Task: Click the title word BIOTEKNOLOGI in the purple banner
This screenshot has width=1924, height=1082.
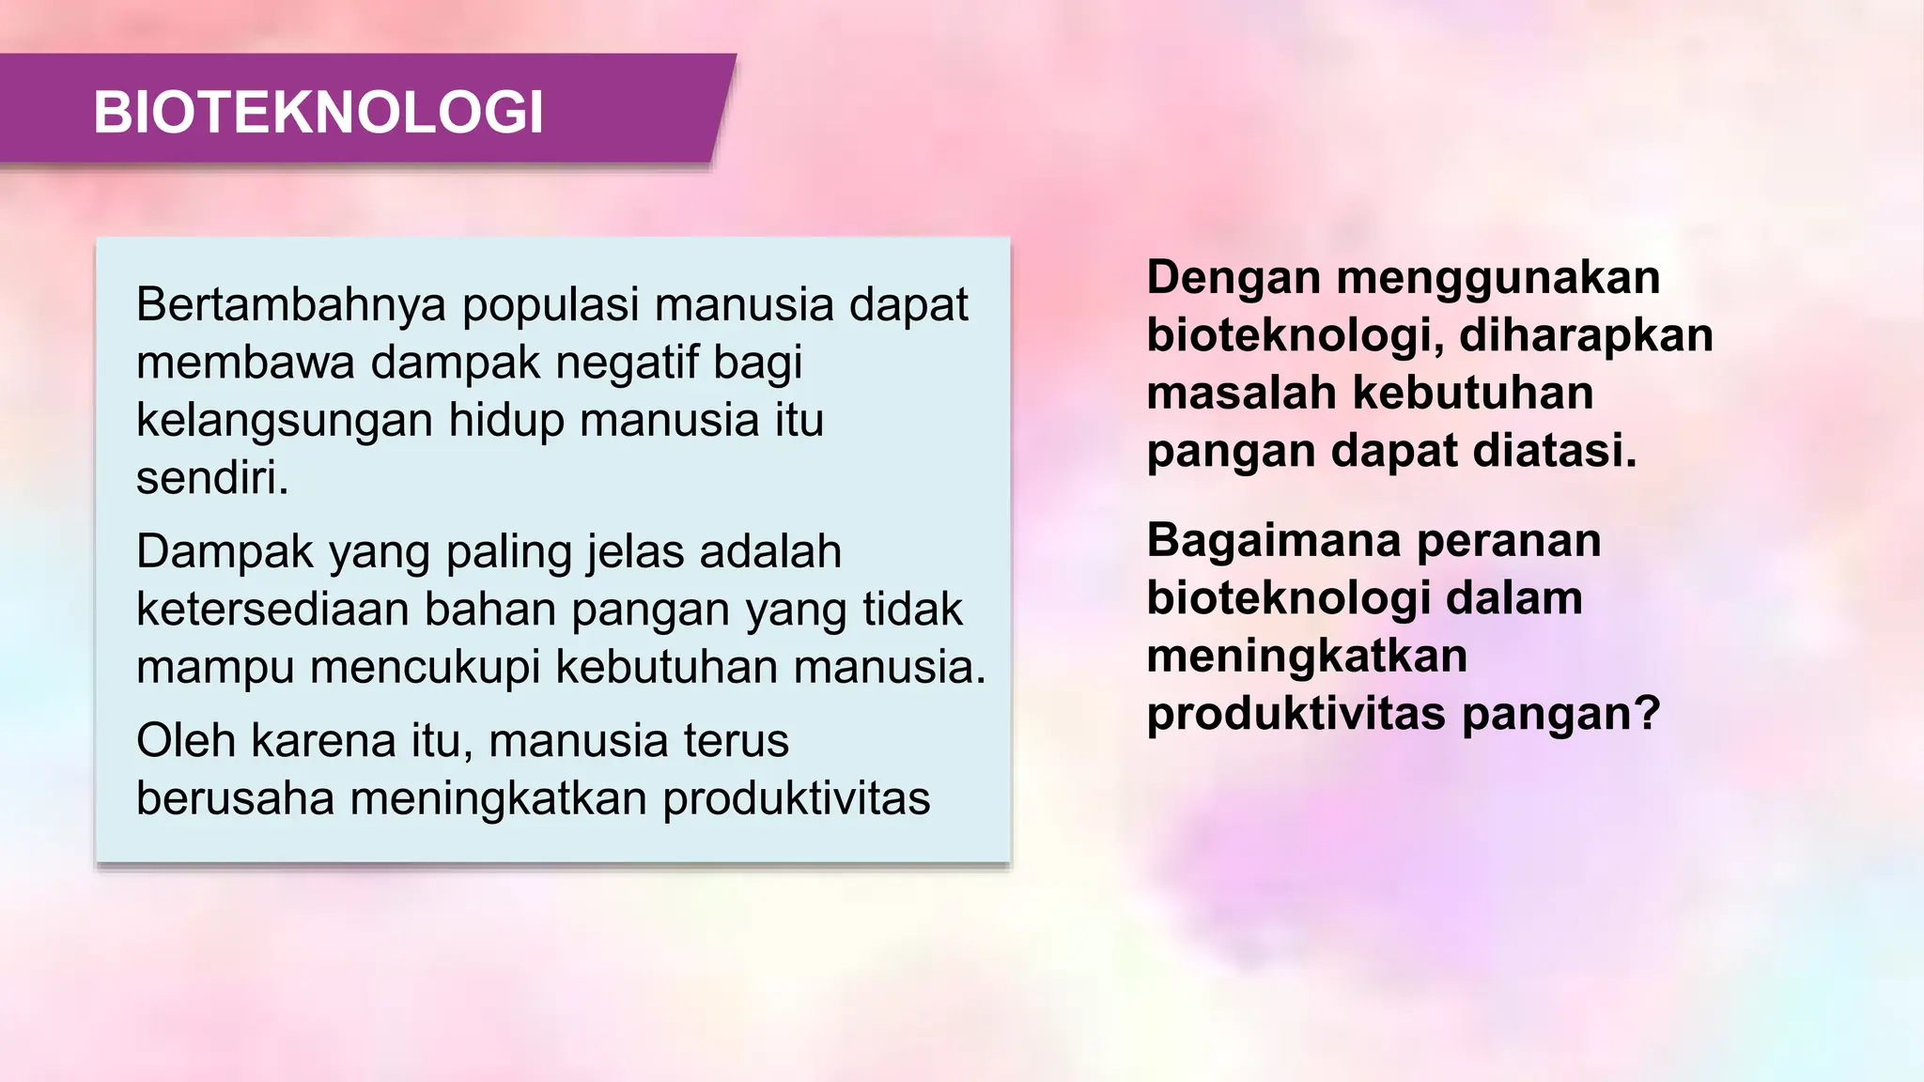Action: tap(318, 113)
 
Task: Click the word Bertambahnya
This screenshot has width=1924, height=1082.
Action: tap(290, 305)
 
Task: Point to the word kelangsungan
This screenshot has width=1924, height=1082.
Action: tap(285, 420)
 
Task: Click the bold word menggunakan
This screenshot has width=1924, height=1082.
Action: tap(1498, 278)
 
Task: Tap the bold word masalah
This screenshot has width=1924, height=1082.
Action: tap(1241, 393)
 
